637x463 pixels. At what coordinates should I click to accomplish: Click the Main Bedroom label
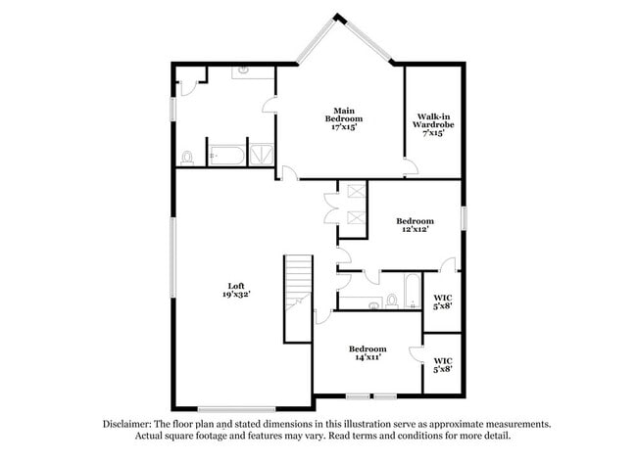(x=342, y=117)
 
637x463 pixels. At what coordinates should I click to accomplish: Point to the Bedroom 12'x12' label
(x=416, y=226)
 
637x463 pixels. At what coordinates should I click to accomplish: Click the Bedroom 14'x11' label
(x=367, y=353)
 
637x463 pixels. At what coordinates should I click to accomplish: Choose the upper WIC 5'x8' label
(x=442, y=301)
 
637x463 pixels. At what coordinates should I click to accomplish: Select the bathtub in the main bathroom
(x=229, y=156)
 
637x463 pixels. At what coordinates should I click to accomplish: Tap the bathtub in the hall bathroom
(x=413, y=291)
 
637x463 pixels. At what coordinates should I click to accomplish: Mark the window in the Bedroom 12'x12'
(x=464, y=218)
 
